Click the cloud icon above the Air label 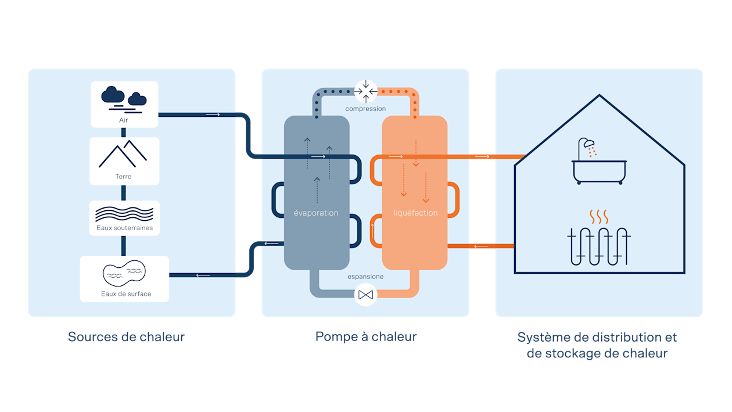pyautogui.click(x=124, y=99)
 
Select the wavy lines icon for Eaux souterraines pyautogui.click(x=124, y=214)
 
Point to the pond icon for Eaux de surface pyautogui.click(x=124, y=273)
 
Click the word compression pyautogui.click(x=365, y=109)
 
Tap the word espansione pyautogui.click(x=365, y=277)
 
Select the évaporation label pyautogui.click(x=315, y=213)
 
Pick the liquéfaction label pyautogui.click(x=415, y=213)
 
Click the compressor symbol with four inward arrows pyautogui.click(x=365, y=91)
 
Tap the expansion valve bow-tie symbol pyautogui.click(x=365, y=295)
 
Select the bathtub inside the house pyautogui.click(x=600, y=172)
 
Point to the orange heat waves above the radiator pyautogui.click(x=598, y=217)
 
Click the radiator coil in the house pyautogui.click(x=598, y=246)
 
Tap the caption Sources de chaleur pyautogui.click(x=126, y=337)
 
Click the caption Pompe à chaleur pyautogui.click(x=365, y=337)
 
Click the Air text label pyautogui.click(x=123, y=120)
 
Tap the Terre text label pyautogui.click(x=123, y=177)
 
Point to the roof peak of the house pyautogui.click(x=600, y=95)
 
